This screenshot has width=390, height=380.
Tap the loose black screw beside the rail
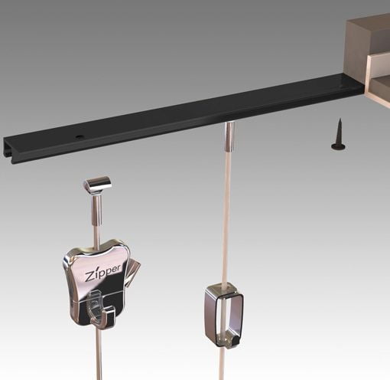click(x=337, y=134)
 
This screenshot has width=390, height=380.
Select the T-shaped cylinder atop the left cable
click(x=97, y=185)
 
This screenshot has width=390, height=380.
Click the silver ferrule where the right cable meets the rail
click(x=229, y=136)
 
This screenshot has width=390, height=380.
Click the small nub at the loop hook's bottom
click(x=226, y=341)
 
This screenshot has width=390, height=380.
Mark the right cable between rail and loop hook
click(x=227, y=215)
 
